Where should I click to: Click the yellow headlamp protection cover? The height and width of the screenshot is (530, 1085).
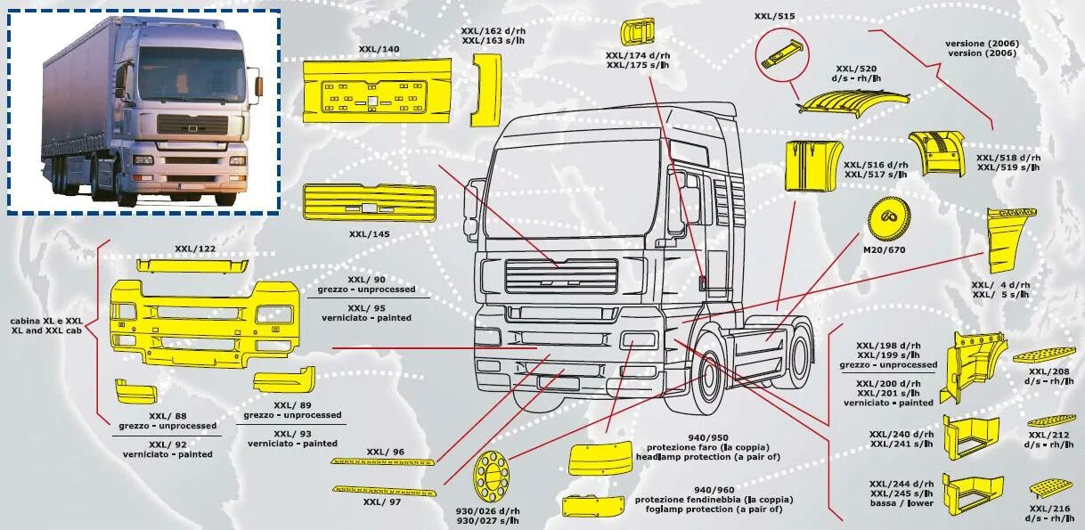point(600,458)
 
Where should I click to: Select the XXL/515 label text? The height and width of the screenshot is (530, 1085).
point(773,15)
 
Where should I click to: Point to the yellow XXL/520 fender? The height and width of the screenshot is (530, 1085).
point(853,103)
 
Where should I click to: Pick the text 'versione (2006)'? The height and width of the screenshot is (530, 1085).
point(982,43)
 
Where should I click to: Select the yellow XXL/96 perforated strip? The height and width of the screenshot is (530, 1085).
point(382,462)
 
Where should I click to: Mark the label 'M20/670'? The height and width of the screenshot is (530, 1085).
point(885,249)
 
